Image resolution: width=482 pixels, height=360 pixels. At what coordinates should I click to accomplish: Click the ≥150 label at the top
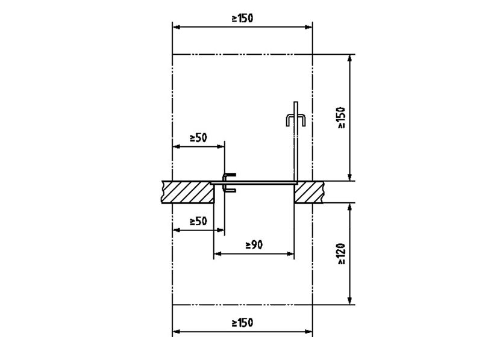coord(243,19)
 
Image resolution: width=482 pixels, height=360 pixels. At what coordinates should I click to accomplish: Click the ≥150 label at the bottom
coord(243,323)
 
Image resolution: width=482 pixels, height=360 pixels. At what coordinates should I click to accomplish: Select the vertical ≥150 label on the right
coord(341,117)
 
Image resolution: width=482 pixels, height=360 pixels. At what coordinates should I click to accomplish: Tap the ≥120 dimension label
coord(341,254)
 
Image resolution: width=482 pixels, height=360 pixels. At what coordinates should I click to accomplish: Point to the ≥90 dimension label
coord(254,245)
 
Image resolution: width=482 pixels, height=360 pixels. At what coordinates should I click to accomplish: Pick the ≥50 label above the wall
coord(199,138)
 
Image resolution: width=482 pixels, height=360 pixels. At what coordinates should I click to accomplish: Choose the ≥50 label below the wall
coord(199,221)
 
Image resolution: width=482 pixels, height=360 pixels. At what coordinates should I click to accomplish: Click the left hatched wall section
coord(188,192)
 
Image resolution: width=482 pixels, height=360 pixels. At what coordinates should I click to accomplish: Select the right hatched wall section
coord(308,192)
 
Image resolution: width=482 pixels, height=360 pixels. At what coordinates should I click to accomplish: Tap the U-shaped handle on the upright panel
coord(296,116)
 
